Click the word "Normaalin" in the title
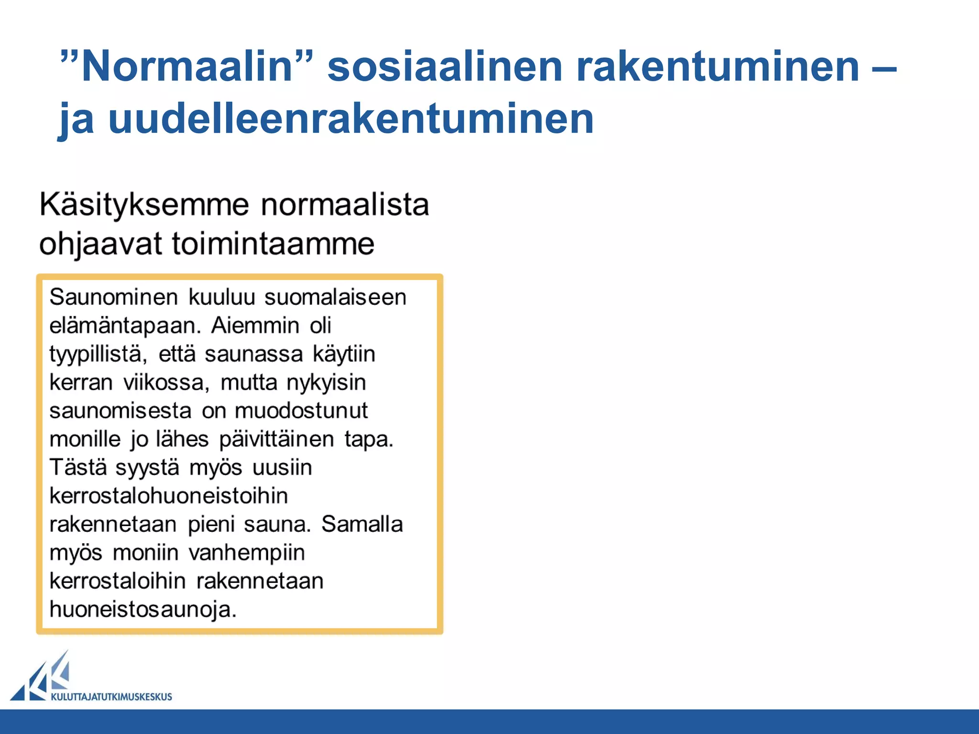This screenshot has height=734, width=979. coord(186,67)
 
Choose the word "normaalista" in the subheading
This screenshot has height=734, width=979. coord(345,205)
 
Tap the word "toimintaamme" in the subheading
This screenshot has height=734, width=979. coord(273,244)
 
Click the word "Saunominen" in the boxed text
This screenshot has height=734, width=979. coord(114,297)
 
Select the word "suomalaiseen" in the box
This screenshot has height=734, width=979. coord(335,297)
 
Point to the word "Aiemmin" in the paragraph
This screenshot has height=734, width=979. coord(255,326)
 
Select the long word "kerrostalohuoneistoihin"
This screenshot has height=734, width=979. coord(169,496)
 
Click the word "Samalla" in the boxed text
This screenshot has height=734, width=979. coord(362,524)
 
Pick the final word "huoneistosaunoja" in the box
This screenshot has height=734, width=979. coord(143,609)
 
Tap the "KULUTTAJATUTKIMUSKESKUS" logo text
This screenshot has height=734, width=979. coord(111,697)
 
